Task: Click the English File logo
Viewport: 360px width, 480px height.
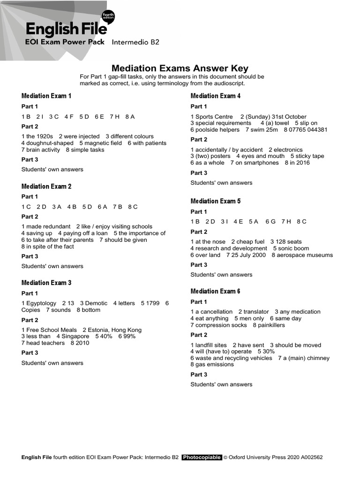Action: [x=66, y=30]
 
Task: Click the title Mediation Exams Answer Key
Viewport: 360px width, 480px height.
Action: [x=180, y=68]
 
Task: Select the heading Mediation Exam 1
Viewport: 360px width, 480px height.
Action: [x=46, y=96]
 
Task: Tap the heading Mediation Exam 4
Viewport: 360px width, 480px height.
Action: [x=216, y=96]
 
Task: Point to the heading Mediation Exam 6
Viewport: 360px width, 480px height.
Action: [x=216, y=291]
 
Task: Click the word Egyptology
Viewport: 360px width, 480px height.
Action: [x=41, y=303]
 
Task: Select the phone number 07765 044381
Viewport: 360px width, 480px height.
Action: [x=307, y=130]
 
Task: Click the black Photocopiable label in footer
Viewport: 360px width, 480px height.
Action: [x=202, y=457]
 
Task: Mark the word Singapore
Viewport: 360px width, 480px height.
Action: [x=75, y=337]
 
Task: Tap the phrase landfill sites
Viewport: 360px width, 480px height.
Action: [x=211, y=345]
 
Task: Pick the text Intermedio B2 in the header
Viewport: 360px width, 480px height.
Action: [x=135, y=42]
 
